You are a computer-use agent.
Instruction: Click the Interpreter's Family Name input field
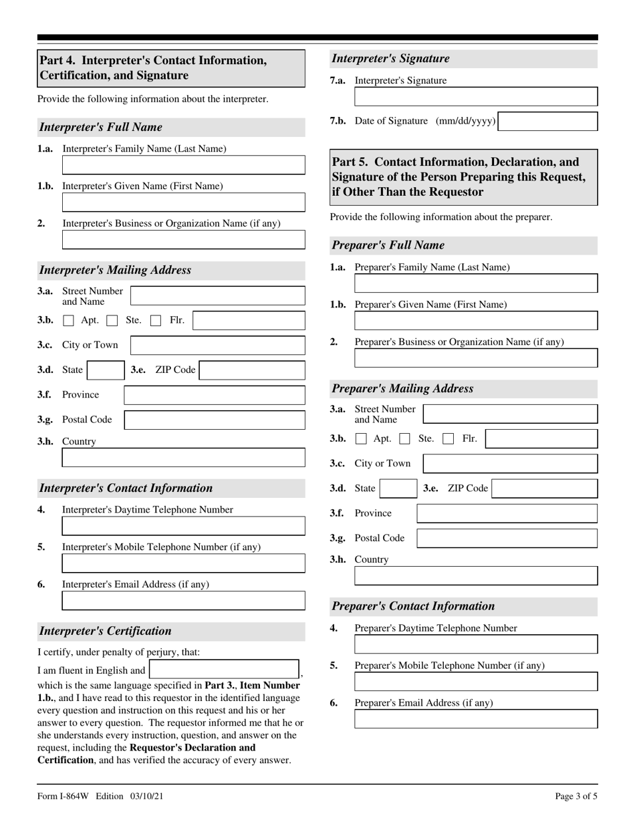(x=183, y=165)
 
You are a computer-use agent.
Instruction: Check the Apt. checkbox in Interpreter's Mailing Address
(x=68, y=321)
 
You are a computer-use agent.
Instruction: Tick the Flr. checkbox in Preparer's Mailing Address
(x=449, y=439)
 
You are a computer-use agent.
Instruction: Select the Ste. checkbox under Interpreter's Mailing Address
(x=112, y=321)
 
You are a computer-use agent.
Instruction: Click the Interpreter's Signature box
(x=475, y=97)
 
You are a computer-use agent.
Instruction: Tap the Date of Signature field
(x=548, y=122)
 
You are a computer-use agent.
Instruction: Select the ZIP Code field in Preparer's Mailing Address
(x=545, y=489)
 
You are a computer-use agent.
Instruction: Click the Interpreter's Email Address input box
(x=183, y=601)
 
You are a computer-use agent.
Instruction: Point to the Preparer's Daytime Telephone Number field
(x=475, y=644)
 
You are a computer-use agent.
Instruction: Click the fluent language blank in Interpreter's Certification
(x=224, y=670)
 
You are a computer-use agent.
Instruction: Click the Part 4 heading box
(x=171, y=68)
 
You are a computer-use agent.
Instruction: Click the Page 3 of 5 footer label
(x=576, y=796)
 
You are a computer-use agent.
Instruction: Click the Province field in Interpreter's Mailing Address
(x=214, y=395)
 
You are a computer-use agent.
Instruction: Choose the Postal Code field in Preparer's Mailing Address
(x=507, y=538)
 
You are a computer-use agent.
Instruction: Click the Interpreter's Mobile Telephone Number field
(x=183, y=563)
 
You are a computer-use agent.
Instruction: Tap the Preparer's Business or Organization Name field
(x=475, y=358)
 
